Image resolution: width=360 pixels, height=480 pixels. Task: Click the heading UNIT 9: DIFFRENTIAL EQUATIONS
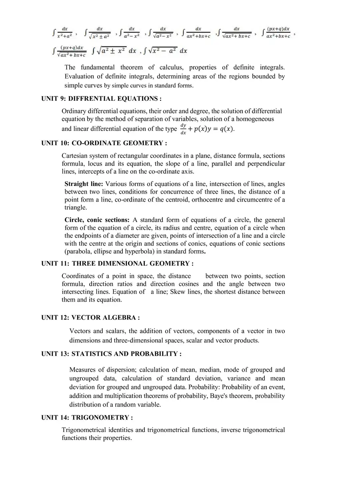point(102,99)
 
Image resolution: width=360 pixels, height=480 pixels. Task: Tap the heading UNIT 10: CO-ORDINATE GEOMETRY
point(104,143)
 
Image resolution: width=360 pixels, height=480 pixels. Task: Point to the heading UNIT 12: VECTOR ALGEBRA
point(90,318)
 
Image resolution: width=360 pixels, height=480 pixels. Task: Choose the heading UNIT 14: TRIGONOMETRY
point(87,418)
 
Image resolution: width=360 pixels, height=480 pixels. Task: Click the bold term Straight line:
point(84,184)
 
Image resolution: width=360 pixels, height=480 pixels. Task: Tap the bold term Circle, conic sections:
point(97,220)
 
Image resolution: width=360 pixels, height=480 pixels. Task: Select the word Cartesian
point(76,156)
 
